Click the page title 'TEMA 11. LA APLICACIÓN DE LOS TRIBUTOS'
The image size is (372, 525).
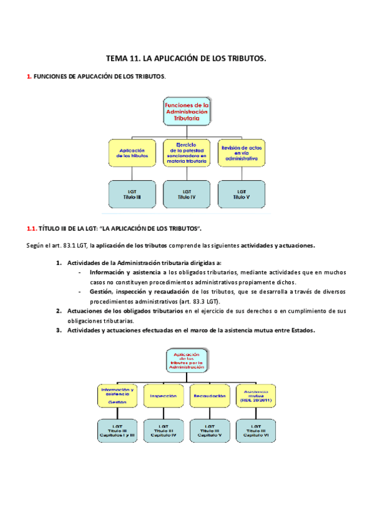(186, 59)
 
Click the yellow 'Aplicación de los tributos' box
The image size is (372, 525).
(131, 153)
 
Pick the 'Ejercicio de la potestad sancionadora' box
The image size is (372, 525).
(187, 153)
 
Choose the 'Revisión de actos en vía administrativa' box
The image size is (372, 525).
(242, 153)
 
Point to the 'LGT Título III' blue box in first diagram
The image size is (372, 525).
(131, 194)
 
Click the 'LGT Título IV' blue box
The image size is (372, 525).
(187, 194)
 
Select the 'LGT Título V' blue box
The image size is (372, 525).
(242, 194)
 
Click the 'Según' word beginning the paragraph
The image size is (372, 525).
(35, 245)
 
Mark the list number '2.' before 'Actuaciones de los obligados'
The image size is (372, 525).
(58, 310)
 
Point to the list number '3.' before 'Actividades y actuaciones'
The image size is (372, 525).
(58, 330)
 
